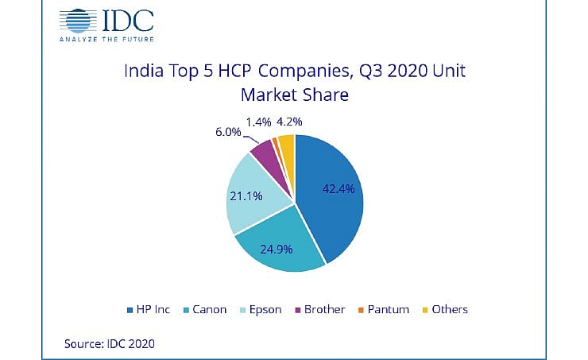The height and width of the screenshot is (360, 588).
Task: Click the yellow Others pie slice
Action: pyautogui.click(x=287, y=144)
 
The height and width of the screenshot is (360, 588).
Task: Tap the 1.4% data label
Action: pyautogui.click(x=258, y=122)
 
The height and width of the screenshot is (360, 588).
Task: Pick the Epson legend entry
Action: pyautogui.click(x=260, y=309)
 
